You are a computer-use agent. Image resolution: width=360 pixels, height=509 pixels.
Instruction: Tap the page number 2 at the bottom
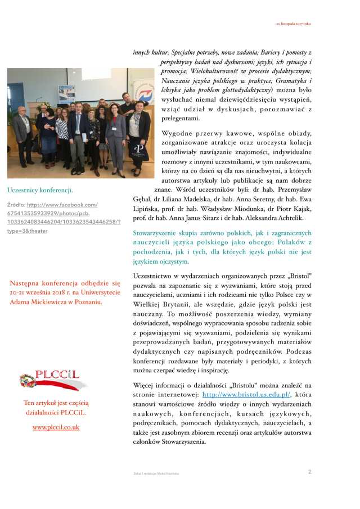pyautogui.click(x=310, y=471)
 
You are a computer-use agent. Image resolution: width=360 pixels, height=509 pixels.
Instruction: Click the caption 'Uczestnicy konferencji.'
pyautogui.click(x=40, y=190)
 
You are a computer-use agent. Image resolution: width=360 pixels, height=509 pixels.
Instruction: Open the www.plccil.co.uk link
pyautogui.click(x=56, y=427)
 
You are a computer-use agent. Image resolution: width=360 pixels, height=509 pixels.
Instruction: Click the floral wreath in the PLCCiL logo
pyautogui.click(x=26, y=381)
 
